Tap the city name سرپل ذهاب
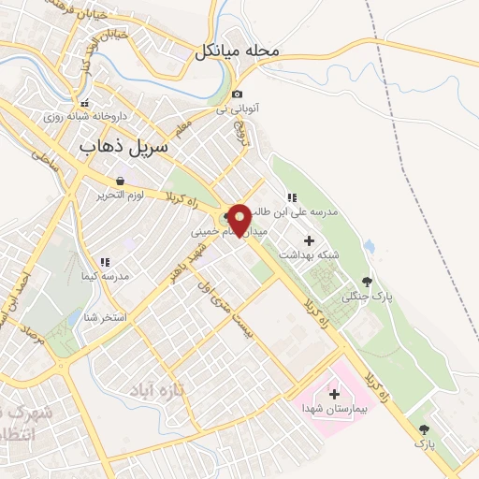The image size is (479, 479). pos(123,147)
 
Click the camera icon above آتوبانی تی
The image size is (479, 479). pos(238,94)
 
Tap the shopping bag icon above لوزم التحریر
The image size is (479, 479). pos(120,181)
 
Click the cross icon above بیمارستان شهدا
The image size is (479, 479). pos(335,393)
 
